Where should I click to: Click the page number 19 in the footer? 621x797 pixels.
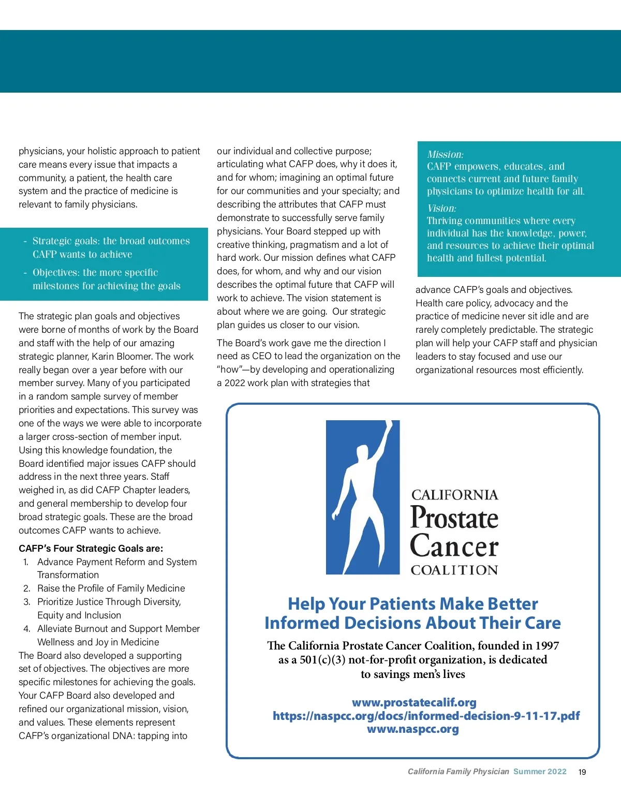(582, 772)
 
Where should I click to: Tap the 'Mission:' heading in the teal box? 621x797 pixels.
(445, 154)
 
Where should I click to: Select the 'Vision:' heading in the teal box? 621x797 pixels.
(441, 208)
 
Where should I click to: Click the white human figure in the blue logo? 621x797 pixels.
(362, 497)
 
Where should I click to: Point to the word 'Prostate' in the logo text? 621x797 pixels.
(454, 518)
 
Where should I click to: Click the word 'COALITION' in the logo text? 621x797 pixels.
(454, 570)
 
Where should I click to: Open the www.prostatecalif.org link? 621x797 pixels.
(414, 702)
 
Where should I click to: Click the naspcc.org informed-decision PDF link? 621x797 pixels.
(426, 716)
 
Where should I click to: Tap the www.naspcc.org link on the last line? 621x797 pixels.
(413, 729)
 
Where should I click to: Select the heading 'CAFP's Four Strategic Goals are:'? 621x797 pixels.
(91, 549)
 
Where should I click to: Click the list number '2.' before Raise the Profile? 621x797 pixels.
(27, 588)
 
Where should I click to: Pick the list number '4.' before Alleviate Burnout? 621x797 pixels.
(27, 629)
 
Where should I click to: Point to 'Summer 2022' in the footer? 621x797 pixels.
(540, 772)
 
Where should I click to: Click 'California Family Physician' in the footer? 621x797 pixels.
(458, 772)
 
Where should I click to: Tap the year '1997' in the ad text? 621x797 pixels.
(548, 645)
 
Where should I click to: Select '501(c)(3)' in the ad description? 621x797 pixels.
(322, 660)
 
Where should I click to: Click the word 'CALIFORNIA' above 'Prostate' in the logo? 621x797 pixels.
(454, 495)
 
